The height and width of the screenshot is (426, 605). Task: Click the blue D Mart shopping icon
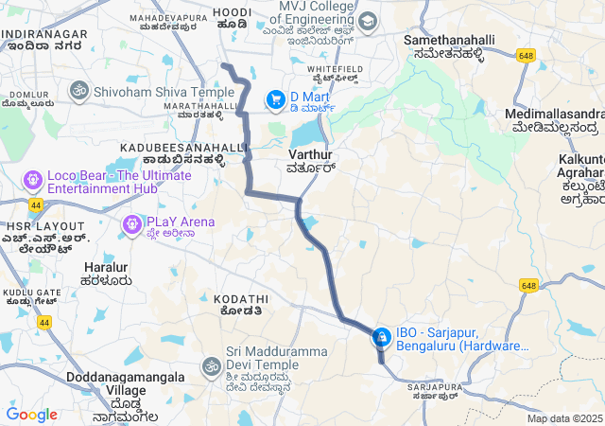click(x=275, y=98)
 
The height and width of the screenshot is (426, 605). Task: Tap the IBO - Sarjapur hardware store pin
click(x=382, y=337)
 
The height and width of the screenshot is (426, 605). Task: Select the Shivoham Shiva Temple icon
click(x=78, y=91)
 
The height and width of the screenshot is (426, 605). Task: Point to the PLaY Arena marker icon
click(x=131, y=223)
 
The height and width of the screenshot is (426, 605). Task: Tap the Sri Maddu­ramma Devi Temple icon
click(x=211, y=365)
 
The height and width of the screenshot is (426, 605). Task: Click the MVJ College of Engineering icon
click(x=367, y=21)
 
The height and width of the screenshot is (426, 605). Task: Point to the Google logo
click(x=31, y=414)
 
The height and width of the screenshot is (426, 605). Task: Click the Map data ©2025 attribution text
click(x=564, y=418)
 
